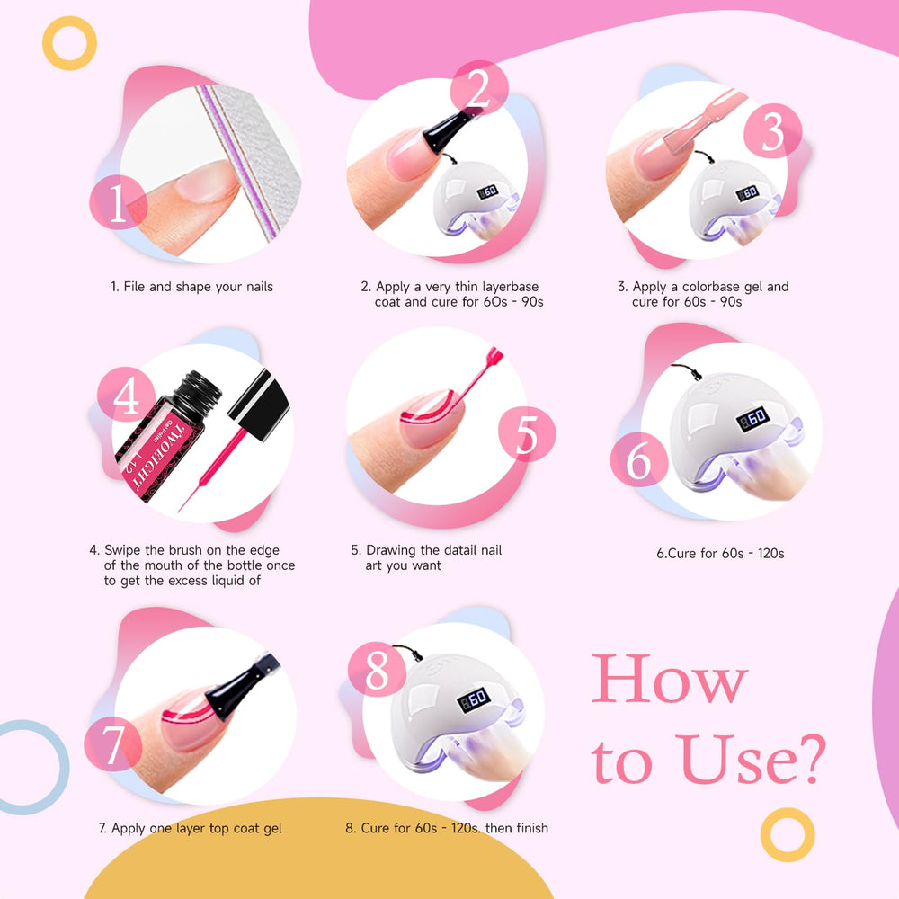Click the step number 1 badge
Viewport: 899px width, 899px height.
(118, 202)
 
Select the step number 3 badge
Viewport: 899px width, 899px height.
(772, 131)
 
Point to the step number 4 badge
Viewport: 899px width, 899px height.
(126, 395)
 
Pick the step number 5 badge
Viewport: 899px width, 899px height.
(526, 434)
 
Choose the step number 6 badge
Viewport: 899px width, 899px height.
(638, 459)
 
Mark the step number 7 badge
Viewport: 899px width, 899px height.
(113, 743)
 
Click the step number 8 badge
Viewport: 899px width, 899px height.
(377, 670)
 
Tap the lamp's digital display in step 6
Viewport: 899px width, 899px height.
(752, 418)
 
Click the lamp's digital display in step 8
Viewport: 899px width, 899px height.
(473, 699)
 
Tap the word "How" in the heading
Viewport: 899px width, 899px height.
(669, 680)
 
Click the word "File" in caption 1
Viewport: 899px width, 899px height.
(134, 287)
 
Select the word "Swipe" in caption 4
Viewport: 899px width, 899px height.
(122, 550)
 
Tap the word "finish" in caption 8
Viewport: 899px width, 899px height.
(532, 828)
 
